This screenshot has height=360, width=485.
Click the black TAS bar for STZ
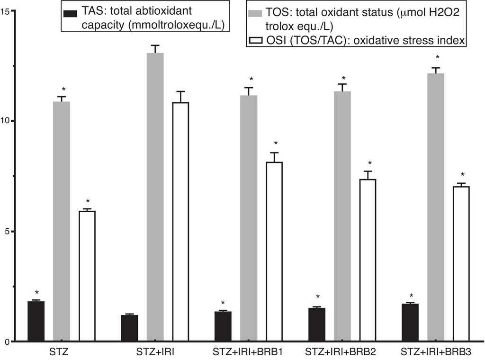point(36,321)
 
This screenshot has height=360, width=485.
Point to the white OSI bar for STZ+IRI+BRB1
point(274,252)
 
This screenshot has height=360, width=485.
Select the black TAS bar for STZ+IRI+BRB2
point(317,324)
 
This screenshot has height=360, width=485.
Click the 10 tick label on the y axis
point(6,121)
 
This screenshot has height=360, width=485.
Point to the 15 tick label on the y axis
point(6,10)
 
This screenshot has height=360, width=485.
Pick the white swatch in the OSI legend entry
point(254,42)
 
